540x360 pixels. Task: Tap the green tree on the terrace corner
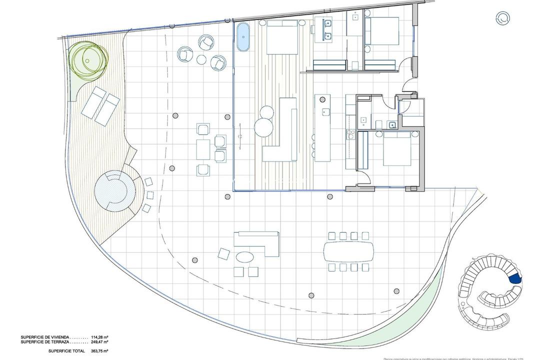88,59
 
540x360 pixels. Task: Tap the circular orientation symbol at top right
503,18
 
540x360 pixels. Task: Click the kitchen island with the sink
323,127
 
